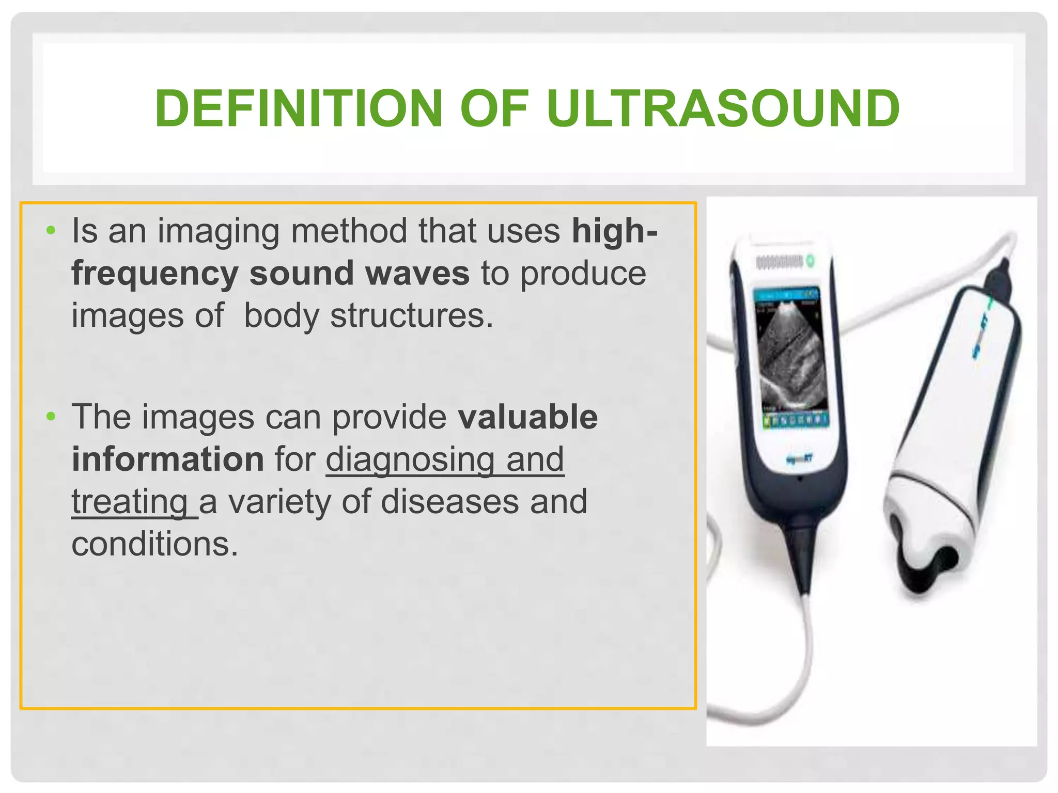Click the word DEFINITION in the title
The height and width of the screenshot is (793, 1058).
coord(298,108)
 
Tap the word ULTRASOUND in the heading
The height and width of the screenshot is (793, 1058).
coord(723,108)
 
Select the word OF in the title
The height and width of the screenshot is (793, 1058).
coord(494,108)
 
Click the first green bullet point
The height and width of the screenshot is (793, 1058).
coord(50,230)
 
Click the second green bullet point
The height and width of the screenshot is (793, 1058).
coord(50,416)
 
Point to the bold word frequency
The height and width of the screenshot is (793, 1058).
coord(154,274)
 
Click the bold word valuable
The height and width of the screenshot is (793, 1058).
coord(527,417)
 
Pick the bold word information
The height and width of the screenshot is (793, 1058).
coord(168,459)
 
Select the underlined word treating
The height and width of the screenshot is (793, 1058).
coord(130,501)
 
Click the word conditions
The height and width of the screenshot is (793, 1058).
coord(154,544)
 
